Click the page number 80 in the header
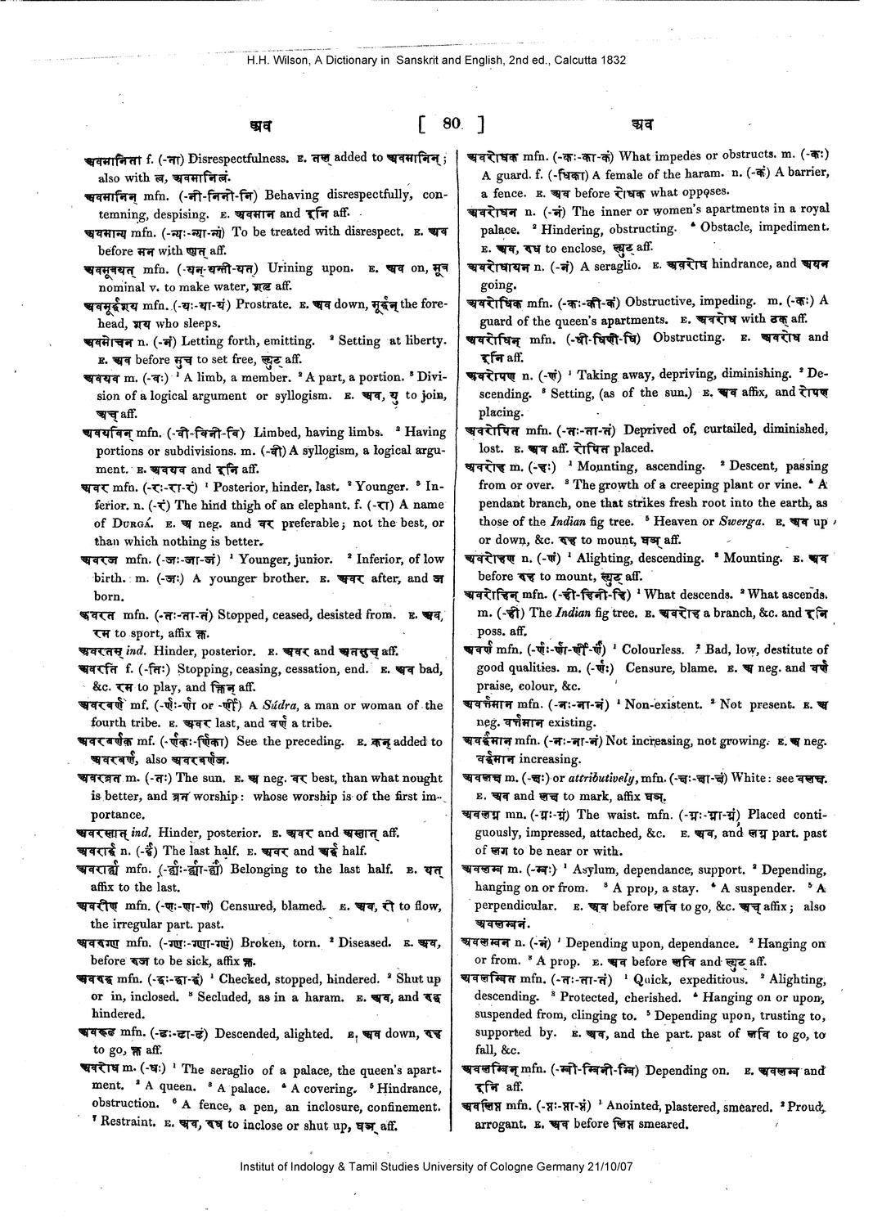click(x=451, y=124)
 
